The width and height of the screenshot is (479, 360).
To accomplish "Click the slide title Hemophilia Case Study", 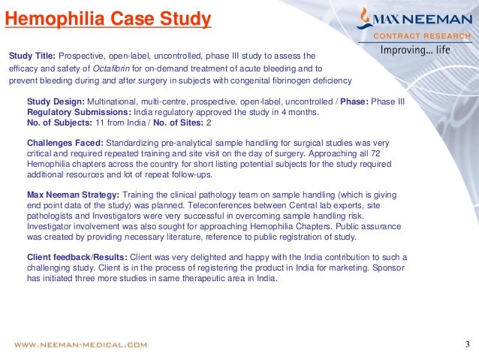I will tap(107, 18).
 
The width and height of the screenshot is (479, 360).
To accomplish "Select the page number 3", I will tap(466, 345).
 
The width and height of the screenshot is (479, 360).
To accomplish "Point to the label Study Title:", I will tap(32, 56).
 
